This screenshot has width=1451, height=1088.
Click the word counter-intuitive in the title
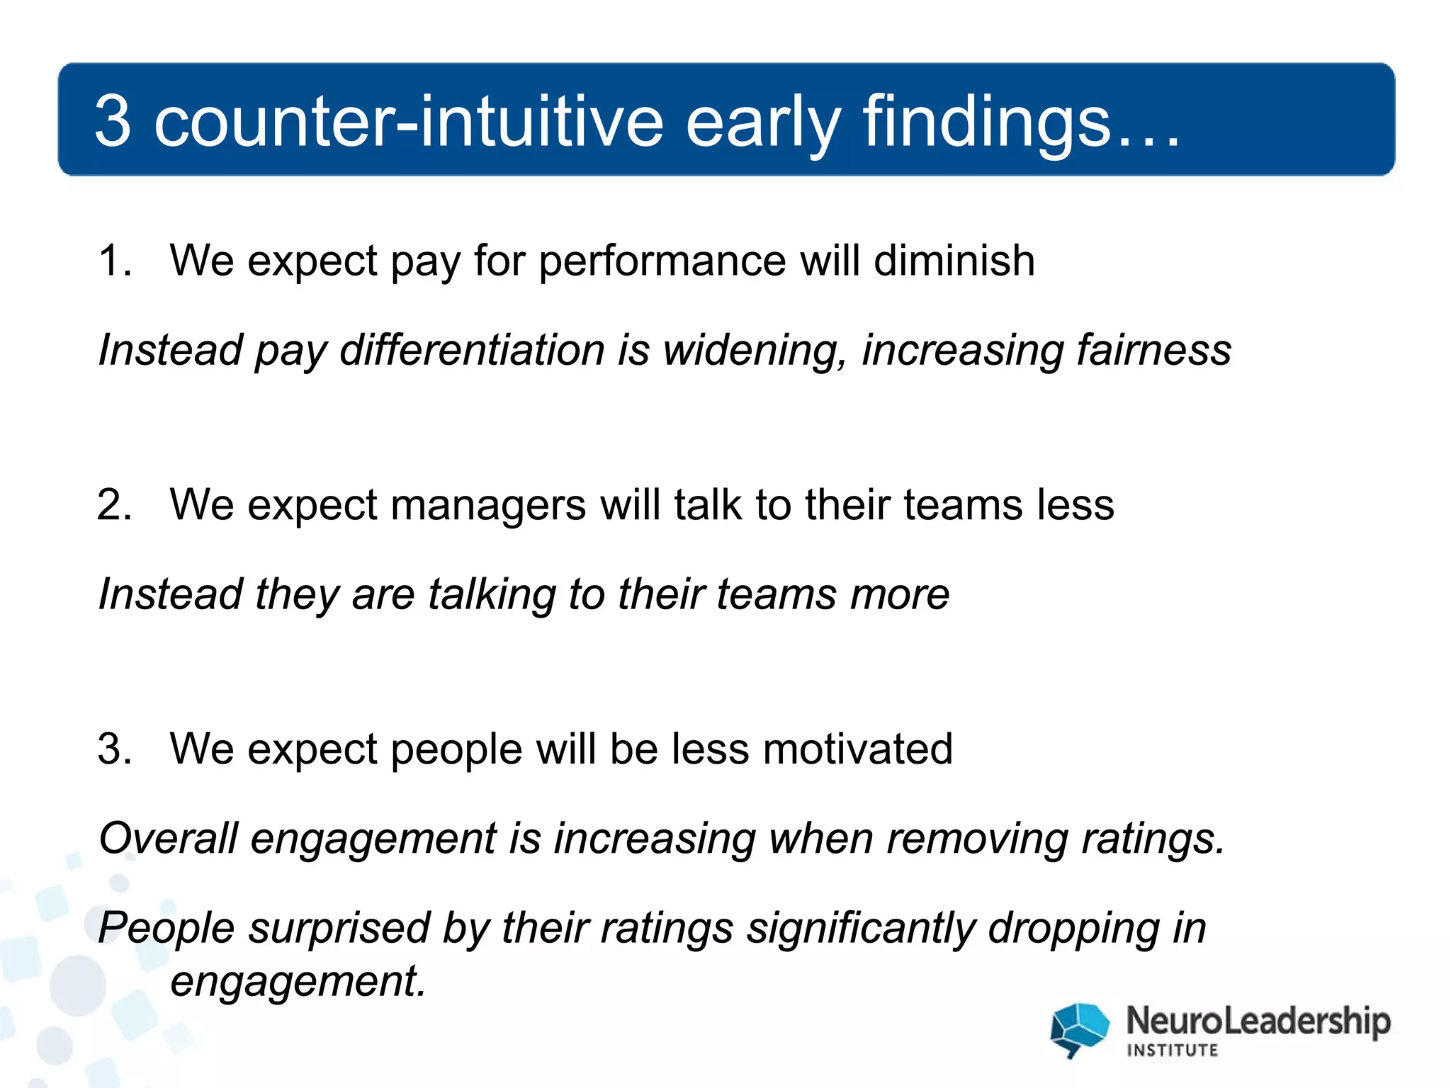[x=409, y=122]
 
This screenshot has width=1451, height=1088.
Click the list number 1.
[x=113, y=260]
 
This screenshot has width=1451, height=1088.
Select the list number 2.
[x=113, y=505]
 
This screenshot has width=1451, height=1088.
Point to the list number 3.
[x=113, y=749]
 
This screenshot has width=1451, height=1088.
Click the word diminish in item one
[x=954, y=260]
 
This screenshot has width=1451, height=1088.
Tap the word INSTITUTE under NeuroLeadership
[x=1172, y=1050]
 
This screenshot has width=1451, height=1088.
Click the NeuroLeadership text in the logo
[x=1258, y=1021]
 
